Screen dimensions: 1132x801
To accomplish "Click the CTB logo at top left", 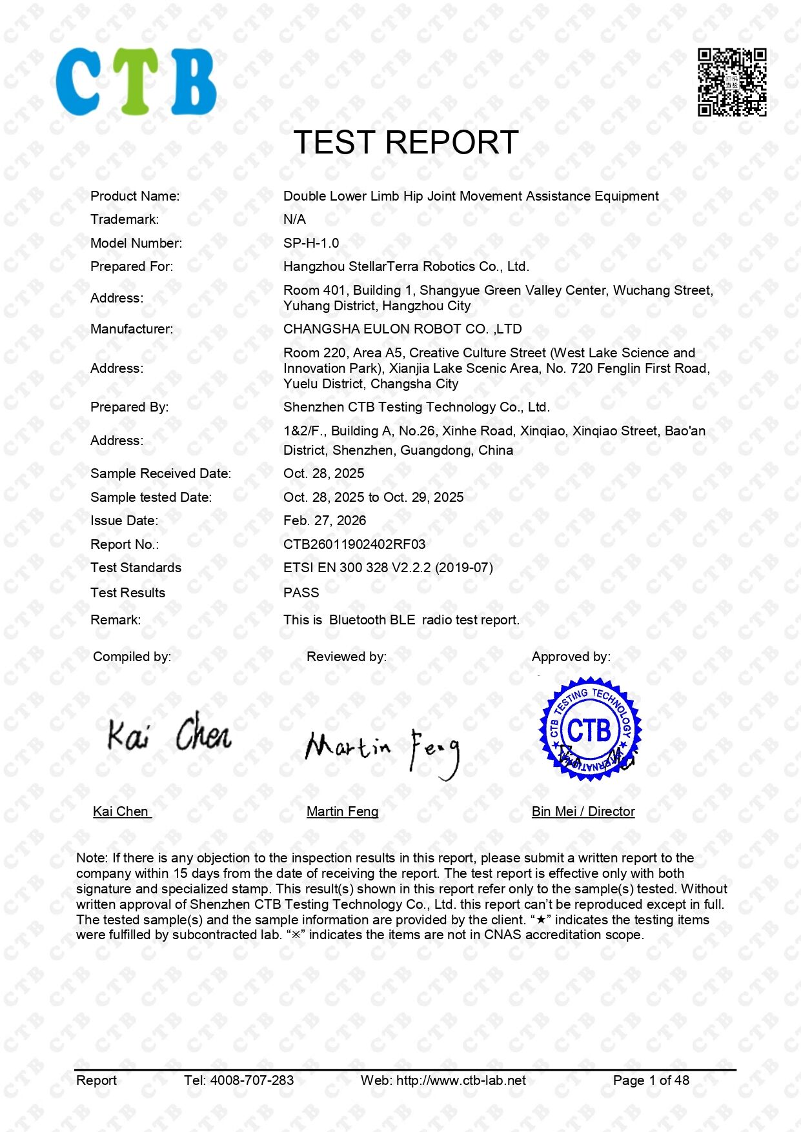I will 136,82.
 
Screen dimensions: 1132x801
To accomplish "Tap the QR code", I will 732,82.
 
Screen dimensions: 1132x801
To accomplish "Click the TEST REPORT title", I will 406,143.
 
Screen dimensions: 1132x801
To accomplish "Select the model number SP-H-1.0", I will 311,243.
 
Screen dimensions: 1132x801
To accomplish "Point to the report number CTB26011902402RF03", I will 354,544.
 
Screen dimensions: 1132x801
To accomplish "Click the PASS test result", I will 301,593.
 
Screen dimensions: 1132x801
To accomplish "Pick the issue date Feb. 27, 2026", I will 325,521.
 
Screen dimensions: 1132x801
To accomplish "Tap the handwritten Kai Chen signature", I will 169,733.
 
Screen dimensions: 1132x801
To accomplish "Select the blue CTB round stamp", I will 590,729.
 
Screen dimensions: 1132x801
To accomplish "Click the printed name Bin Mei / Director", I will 583,811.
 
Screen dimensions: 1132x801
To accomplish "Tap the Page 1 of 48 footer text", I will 651,1080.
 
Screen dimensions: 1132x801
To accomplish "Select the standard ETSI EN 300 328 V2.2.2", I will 388,568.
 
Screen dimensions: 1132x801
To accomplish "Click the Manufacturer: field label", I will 132,329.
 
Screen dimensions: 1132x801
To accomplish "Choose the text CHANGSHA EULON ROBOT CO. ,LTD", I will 403,329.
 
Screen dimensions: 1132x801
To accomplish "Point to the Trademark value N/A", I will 294,219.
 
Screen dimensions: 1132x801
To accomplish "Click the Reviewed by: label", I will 347,657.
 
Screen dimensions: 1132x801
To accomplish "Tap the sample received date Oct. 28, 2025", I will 324,473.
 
